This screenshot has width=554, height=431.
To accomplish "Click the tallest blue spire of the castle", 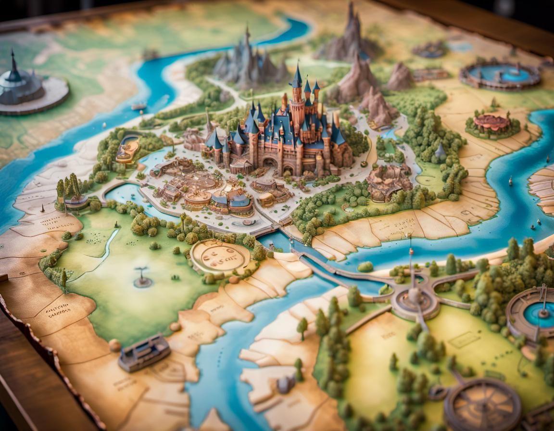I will click(297, 77).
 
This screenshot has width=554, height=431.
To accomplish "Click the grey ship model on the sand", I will click(144, 353).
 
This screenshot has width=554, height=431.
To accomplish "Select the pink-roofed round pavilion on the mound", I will click(491, 123).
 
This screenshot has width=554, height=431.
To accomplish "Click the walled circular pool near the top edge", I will click(500, 75).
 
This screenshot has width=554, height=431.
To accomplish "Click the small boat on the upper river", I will click(138, 106).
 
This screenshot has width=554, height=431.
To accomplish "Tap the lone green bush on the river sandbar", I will click(365, 266).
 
